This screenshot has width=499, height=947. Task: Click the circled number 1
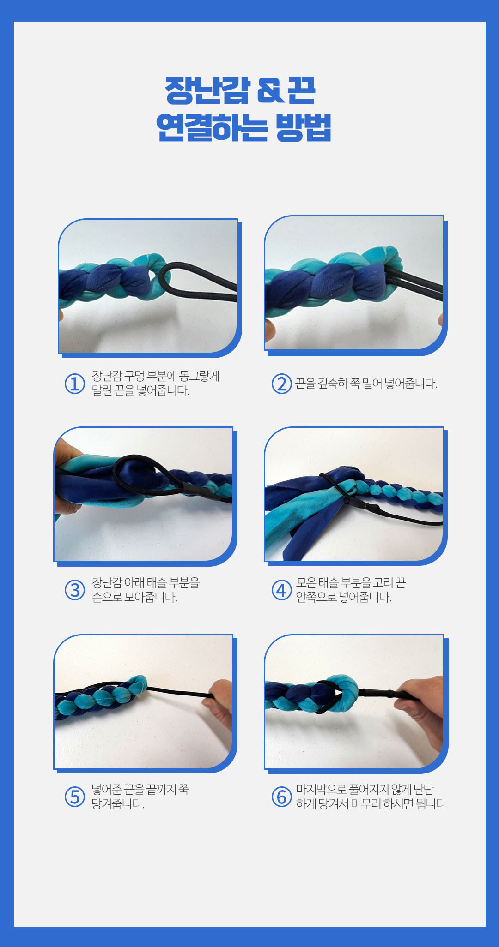click(74, 384)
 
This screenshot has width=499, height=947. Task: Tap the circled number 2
click(281, 384)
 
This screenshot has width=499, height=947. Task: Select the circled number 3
click(74, 590)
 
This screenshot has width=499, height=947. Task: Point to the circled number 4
click(281, 590)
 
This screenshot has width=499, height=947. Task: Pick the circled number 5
click(74, 797)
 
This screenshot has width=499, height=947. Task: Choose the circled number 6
click(281, 797)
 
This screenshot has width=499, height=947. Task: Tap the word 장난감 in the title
click(207, 90)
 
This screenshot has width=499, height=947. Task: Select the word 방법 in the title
click(304, 127)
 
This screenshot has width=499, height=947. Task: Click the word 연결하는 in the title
click(212, 127)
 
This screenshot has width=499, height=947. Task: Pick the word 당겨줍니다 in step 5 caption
click(118, 804)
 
